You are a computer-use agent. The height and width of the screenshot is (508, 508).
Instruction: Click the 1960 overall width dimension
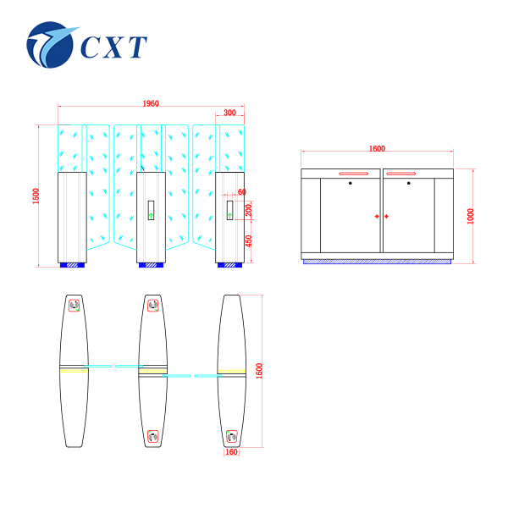150,103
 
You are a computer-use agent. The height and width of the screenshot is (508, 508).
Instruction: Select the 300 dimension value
229,113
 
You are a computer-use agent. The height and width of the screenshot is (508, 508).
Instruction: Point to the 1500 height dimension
36,195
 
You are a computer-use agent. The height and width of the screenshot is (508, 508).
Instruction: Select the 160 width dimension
231,452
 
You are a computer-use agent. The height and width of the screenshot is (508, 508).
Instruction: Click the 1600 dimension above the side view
377,149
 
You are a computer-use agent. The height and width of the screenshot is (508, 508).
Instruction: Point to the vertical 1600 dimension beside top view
260,371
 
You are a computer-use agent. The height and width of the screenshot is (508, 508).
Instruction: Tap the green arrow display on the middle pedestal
152,211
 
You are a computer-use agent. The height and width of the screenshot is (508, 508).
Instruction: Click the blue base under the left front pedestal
71,266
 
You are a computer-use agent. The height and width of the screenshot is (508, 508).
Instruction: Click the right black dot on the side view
408,183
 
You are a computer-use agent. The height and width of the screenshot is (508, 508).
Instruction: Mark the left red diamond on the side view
376,216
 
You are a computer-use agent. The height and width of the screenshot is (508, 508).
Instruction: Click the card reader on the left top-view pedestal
74,306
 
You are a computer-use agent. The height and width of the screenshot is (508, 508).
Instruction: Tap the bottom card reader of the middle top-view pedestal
153,437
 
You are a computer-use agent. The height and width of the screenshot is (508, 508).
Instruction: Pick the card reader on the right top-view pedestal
231,437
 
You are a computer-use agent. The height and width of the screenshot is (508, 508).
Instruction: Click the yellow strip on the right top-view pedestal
230,371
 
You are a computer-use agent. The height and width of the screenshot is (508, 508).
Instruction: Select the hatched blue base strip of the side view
377,261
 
